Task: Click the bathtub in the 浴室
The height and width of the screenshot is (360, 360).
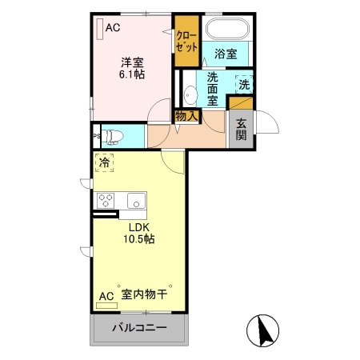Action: (228, 30)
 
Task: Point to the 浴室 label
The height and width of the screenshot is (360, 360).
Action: (225, 55)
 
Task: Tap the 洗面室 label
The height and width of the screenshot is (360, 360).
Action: (213, 88)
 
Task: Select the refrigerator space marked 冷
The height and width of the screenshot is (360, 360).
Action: (104, 163)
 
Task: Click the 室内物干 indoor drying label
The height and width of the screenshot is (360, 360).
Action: (144, 295)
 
